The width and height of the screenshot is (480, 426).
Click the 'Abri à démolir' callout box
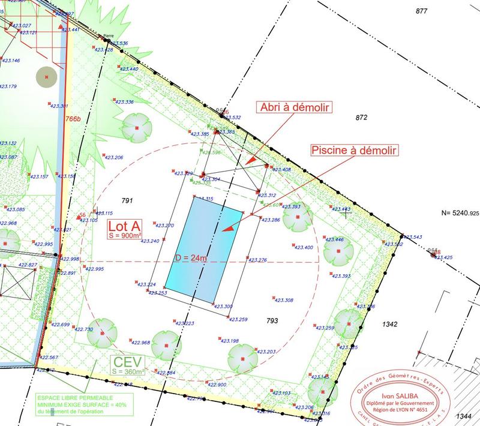click(295, 107)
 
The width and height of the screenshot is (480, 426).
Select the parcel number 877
click(421, 11)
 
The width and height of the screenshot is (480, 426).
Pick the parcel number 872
click(361, 118)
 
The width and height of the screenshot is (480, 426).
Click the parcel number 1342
click(389, 324)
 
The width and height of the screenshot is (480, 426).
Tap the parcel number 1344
click(463, 416)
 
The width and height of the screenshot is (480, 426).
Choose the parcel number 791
click(126, 200)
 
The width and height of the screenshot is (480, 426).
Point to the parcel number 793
click(272, 321)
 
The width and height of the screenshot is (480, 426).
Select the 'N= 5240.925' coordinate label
click(460, 213)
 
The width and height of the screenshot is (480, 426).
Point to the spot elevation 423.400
click(304, 247)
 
